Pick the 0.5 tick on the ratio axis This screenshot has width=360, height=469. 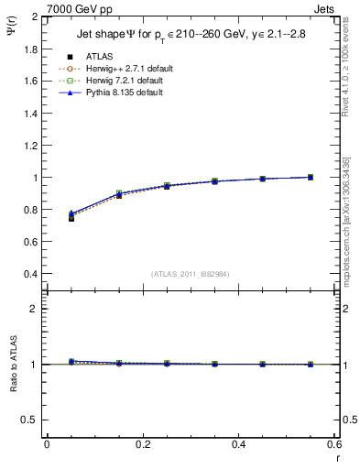click(32, 420)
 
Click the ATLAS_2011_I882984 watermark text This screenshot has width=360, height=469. click(191, 273)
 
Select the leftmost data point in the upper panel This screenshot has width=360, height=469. click(71, 216)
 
